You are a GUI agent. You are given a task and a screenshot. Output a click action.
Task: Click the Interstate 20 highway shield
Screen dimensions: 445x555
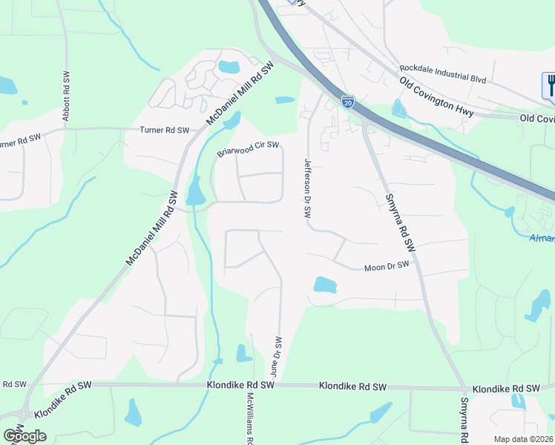[x=347, y=100]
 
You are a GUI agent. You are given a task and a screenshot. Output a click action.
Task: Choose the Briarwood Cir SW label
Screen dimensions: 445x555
[x=248, y=149]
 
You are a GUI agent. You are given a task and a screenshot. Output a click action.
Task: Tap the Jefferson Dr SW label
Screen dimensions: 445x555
[x=307, y=187]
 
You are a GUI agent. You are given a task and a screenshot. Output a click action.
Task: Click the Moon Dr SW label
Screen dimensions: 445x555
[x=386, y=266]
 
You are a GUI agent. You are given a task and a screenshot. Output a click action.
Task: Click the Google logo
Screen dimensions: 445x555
[x=24, y=436]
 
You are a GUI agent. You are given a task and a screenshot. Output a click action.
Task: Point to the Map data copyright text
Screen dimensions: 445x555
[x=524, y=439]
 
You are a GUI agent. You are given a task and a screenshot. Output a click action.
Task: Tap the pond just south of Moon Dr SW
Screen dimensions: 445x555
[x=324, y=284]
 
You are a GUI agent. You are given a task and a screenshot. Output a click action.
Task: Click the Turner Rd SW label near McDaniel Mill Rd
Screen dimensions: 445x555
[x=165, y=130]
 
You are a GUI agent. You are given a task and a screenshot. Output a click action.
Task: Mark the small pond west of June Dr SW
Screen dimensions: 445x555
[x=243, y=354]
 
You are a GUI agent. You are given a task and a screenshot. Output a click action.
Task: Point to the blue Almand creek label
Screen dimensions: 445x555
[x=542, y=238]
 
